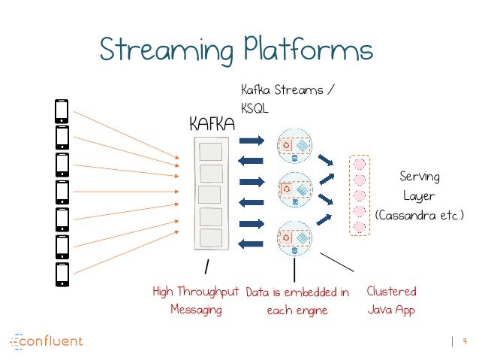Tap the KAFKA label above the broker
(x=212, y=123)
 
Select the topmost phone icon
(x=62, y=111)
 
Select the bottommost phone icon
(x=62, y=274)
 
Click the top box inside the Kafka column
(x=210, y=153)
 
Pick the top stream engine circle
(x=294, y=148)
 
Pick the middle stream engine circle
(x=294, y=191)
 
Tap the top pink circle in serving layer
(x=360, y=163)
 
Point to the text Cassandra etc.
(x=420, y=216)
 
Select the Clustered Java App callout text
(x=391, y=300)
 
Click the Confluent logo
(x=47, y=341)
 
